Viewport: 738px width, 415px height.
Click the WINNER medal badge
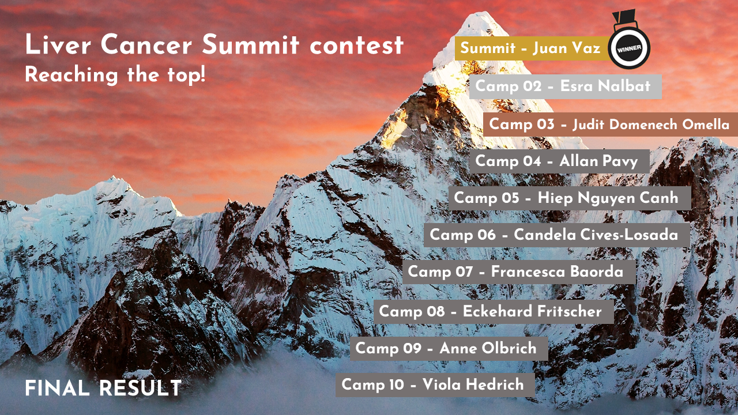[629, 48]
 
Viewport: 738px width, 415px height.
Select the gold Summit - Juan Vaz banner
[532, 48]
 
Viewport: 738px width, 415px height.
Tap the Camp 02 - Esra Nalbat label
[566, 86]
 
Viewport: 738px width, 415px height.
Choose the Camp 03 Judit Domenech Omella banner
[611, 124]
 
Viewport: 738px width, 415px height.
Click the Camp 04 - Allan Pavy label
[559, 161]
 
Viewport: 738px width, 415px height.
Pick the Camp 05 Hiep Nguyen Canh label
[570, 198]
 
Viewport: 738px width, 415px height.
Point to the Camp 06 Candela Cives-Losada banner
[557, 235]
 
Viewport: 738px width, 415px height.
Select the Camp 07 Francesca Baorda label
[519, 272]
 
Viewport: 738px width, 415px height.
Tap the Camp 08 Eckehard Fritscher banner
[494, 312]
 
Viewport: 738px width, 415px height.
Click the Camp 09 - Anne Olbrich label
[449, 349]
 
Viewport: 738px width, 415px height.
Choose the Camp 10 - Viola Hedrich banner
[435, 385]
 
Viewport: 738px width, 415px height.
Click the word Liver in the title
[58, 44]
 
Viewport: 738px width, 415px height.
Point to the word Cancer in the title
[146, 44]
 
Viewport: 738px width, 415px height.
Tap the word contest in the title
[357, 46]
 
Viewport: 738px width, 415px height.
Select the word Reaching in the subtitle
[71, 75]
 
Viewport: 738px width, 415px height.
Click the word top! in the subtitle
[186, 75]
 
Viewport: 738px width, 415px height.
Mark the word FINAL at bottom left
[57, 388]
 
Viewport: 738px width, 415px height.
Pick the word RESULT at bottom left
[140, 388]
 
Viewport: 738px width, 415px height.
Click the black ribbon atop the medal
[624, 17]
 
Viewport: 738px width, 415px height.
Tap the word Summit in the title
[251, 44]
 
